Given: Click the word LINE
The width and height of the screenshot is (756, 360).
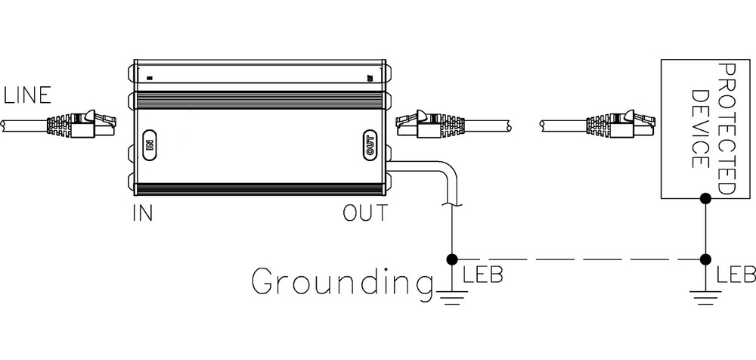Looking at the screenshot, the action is (x=27, y=95).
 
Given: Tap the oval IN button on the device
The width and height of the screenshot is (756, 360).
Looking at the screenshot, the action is (x=150, y=144).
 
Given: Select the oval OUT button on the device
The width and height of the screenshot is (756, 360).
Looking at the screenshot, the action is (x=370, y=144).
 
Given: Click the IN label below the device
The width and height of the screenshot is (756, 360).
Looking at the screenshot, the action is (x=143, y=213).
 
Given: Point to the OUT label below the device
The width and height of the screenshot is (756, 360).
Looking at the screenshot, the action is (x=364, y=213).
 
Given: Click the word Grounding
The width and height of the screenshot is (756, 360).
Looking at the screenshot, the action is (x=342, y=281).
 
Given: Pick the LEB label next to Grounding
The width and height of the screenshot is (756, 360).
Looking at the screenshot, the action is (x=482, y=275).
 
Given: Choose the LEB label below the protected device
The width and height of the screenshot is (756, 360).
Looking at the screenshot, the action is (x=736, y=275).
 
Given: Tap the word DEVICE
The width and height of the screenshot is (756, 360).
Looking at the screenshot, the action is (x=700, y=129).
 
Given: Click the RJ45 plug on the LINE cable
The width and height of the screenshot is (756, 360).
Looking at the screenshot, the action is (x=81, y=123).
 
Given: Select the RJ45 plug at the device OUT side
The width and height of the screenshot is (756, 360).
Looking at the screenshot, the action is (x=430, y=123).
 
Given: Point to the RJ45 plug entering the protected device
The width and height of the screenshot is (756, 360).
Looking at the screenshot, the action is (x=621, y=123).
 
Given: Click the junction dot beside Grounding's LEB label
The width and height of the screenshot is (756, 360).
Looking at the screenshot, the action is (x=452, y=259).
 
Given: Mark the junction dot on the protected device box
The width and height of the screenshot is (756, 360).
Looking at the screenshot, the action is (x=705, y=198).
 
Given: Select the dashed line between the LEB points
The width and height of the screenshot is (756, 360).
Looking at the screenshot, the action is (x=578, y=259).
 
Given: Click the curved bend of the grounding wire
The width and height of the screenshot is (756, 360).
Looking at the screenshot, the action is (x=448, y=174).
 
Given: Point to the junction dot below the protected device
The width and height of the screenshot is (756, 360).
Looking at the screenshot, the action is (x=705, y=259).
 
